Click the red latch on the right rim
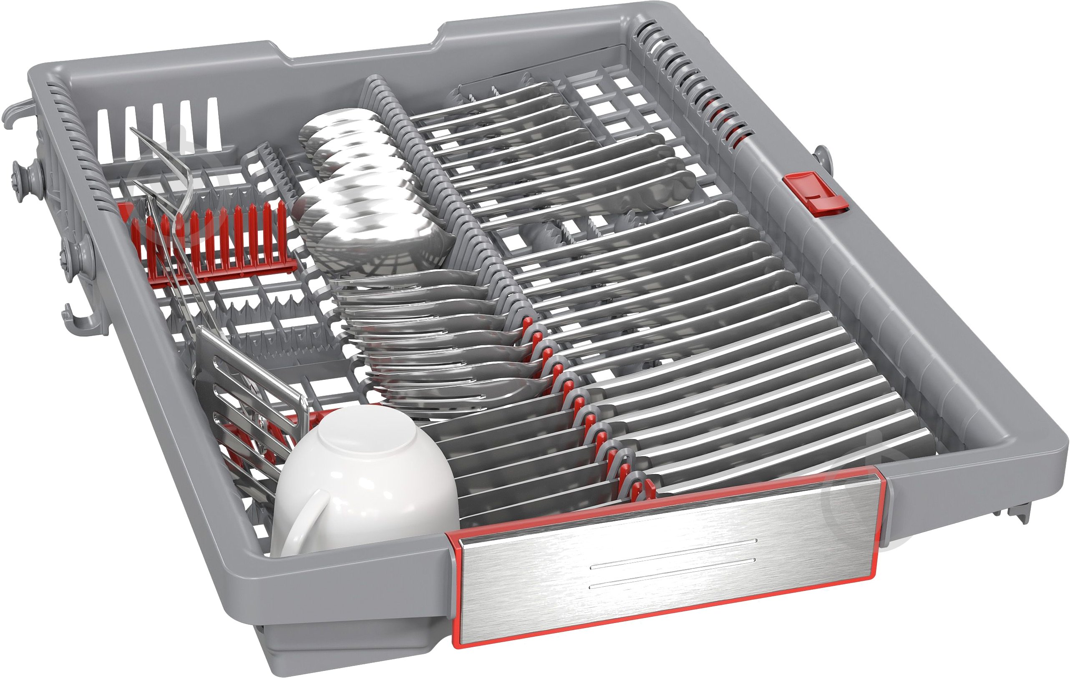(816, 195)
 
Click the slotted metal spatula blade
(249, 391)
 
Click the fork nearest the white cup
(444, 400)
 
